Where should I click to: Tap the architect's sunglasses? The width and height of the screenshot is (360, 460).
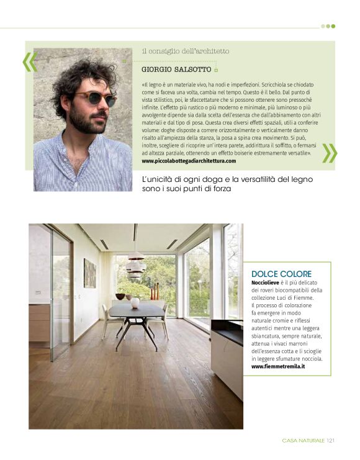[95, 98]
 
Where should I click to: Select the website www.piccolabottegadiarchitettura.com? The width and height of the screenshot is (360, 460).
[189, 161]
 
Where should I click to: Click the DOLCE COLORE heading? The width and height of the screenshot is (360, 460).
[281, 274]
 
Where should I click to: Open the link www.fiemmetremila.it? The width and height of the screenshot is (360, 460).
[278, 366]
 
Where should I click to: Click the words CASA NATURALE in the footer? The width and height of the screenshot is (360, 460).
[303, 441]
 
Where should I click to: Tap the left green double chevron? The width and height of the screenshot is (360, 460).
[29, 61]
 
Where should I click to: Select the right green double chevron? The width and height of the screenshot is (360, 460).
[330, 153]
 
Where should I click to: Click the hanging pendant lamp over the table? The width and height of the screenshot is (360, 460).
[135, 265]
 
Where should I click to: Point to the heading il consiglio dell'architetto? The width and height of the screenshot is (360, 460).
[186, 51]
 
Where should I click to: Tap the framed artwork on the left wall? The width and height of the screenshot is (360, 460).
[89, 273]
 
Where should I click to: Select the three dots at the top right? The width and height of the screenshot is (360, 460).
[328, 26]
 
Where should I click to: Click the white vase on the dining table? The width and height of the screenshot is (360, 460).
[135, 302]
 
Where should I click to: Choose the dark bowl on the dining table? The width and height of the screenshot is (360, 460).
[120, 297]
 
